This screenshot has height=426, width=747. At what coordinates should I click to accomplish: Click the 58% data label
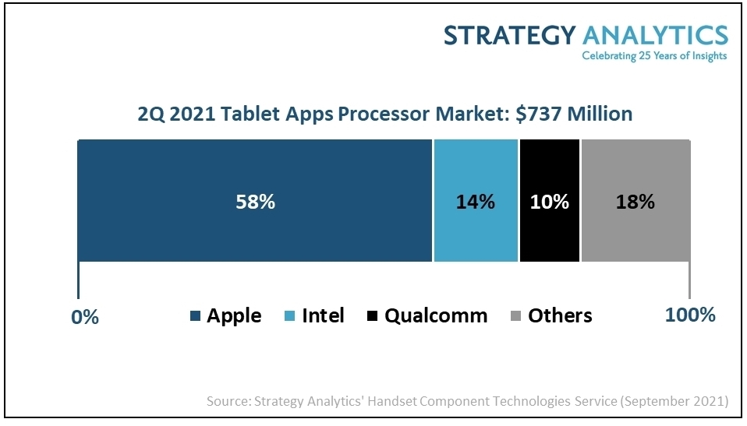pyautogui.click(x=256, y=202)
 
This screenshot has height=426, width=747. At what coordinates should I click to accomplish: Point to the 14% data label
pyautogui.click(x=476, y=202)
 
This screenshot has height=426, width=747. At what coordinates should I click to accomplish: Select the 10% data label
pyautogui.click(x=549, y=202)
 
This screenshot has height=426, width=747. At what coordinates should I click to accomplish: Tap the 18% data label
pyautogui.click(x=635, y=202)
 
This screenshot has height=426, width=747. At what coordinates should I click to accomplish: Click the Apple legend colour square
pyautogui.click(x=195, y=316)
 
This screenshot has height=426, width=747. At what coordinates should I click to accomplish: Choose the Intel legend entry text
pyautogui.click(x=323, y=315)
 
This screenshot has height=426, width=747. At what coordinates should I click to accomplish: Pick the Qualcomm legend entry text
pyautogui.click(x=436, y=315)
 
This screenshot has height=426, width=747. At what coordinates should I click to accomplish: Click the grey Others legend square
pyautogui.click(x=515, y=316)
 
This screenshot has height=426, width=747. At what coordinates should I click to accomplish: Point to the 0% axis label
pyautogui.click(x=85, y=317)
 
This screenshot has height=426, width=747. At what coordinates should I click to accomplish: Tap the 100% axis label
pyautogui.click(x=689, y=315)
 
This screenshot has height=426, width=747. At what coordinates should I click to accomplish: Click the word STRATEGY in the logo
pyautogui.click(x=509, y=35)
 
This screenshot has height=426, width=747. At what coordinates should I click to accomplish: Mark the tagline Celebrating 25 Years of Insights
pyautogui.click(x=654, y=56)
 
